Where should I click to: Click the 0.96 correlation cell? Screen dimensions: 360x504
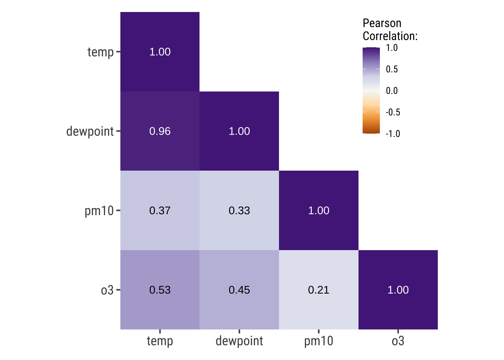click(x=160, y=131)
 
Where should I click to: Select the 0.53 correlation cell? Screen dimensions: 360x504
click(x=160, y=290)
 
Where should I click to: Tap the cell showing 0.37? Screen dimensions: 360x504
click(x=160, y=210)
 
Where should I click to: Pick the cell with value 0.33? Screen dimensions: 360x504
click(x=239, y=210)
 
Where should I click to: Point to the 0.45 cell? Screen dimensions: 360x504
click(x=239, y=290)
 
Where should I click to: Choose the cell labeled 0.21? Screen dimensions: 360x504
click(x=319, y=290)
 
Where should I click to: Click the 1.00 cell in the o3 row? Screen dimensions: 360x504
click(x=398, y=290)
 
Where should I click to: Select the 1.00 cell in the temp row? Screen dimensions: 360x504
click(x=160, y=52)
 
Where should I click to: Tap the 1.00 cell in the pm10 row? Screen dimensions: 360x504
click(x=319, y=210)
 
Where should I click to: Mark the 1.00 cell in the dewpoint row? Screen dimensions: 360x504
click(x=239, y=131)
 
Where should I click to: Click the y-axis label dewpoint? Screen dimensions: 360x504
click(x=90, y=132)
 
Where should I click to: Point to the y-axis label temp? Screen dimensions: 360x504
click(x=100, y=52)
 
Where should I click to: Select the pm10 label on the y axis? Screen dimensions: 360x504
click(x=99, y=211)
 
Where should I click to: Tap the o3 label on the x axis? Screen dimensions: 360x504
click(x=398, y=341)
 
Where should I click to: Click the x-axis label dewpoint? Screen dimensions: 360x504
click(x=239, y=341)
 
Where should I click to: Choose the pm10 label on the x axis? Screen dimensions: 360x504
click(x=319, y=341)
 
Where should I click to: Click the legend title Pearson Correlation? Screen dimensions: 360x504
click(x=390, y=30)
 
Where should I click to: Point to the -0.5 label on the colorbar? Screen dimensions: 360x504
click(x=393, y=112)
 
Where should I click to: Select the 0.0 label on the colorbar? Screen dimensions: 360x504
click(x=392, y=91)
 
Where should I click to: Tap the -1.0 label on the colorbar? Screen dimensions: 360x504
click(x=393, y=134)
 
